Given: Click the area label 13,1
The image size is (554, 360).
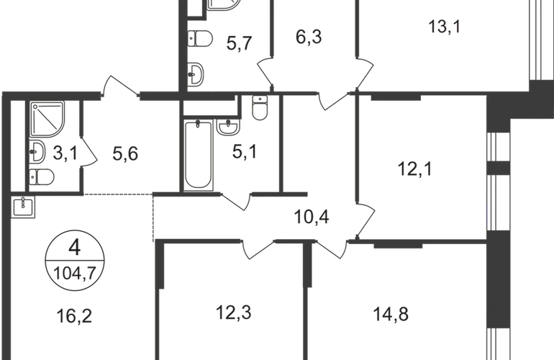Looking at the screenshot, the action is coord(445,27).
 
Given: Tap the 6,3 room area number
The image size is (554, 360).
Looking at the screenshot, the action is coord(309,37).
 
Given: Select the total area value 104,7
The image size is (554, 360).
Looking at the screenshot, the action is coord(75,274).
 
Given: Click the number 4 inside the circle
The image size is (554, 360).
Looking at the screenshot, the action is coord(75,248).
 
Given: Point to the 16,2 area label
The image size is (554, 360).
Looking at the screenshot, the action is coord(74,316).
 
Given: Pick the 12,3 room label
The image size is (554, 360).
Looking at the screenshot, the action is coord(234,312).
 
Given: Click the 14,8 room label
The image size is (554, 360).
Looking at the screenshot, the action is coord(391,314).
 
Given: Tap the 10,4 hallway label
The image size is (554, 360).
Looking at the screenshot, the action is coord(312,217).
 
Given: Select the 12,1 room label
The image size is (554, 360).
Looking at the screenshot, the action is coord(415,168).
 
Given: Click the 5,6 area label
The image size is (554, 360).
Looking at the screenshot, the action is coord(125,153).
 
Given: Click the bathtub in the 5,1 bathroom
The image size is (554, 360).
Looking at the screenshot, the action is coord(199,155).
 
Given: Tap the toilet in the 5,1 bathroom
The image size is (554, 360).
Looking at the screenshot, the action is coord(260,107).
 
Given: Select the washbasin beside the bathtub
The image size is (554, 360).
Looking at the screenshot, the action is coord(228,127).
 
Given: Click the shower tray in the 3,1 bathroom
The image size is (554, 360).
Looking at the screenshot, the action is coord(47,119).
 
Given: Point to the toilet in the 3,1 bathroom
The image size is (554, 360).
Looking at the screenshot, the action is coord(41,177).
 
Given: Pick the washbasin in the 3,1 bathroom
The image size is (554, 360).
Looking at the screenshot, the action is coord(37,152).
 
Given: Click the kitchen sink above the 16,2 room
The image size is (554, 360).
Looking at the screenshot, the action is coord(23,207).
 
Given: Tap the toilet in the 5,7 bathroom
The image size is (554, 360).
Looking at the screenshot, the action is coord(200,38).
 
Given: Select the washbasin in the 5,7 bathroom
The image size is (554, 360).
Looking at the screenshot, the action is coord(196,74).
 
